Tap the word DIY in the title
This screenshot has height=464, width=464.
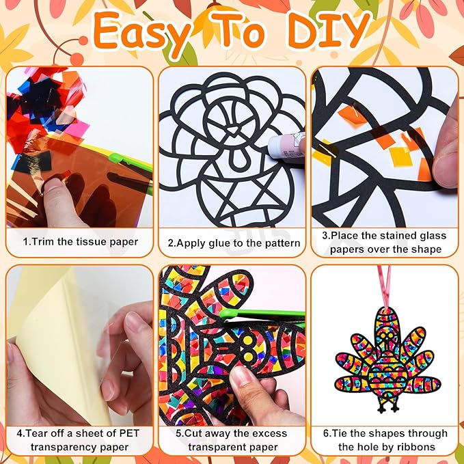329,31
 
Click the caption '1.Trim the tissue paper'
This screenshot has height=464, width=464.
81,242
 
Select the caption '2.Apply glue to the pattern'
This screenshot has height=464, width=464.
234,243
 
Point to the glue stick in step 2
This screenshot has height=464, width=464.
286,146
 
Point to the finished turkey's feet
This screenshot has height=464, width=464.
388,408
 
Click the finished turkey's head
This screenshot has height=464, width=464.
385,335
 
